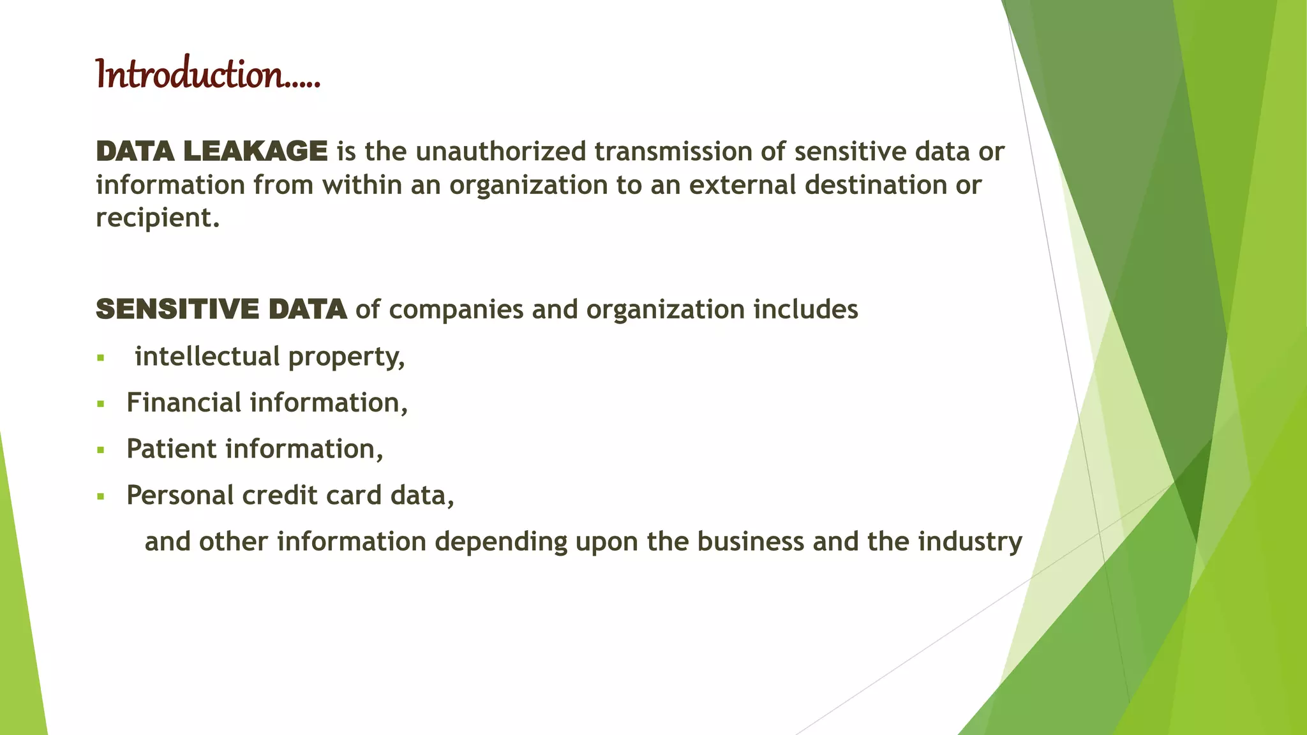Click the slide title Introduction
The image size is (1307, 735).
207,75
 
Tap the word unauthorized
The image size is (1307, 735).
500,152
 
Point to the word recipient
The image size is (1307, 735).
156,218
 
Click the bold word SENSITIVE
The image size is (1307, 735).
177,309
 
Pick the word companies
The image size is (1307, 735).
456,309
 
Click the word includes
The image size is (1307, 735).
805,309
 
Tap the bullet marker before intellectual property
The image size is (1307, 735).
100,358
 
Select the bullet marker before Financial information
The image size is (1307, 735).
100,404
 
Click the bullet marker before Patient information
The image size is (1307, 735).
100,450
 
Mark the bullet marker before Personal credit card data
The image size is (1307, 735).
100,496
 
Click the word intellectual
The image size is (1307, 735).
207,356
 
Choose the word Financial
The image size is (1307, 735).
184,403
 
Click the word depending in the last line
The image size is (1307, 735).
501,542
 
